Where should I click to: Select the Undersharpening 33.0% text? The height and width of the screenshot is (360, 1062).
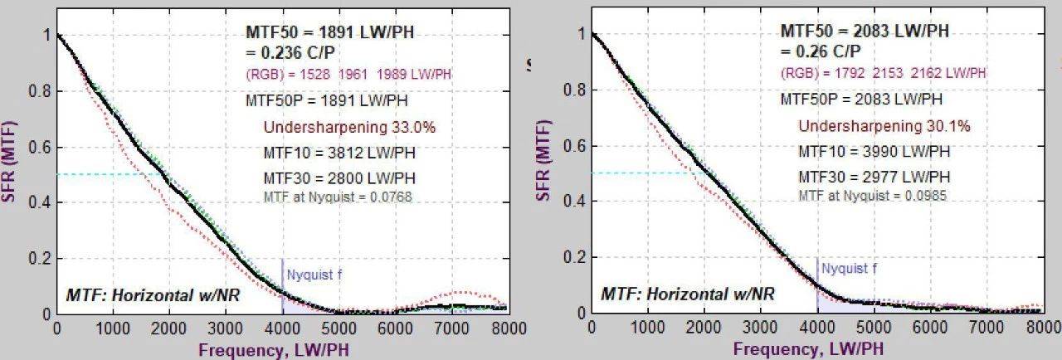[349, 128]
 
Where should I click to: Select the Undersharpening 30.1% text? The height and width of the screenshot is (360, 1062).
[884, 126]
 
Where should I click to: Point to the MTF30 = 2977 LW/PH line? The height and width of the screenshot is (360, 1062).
[874, 177]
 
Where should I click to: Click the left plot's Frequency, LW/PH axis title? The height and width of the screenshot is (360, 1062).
[273, 350]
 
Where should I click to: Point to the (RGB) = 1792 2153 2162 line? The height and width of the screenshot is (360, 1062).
[883, 73]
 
